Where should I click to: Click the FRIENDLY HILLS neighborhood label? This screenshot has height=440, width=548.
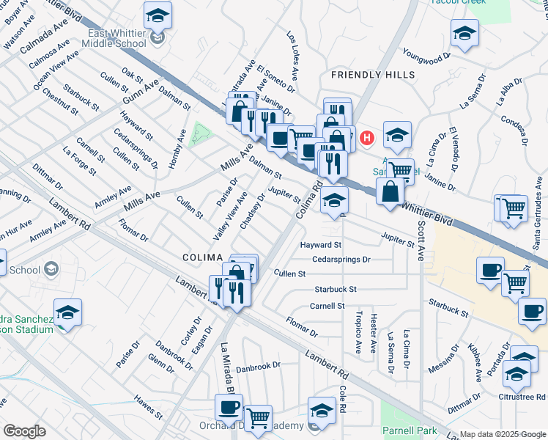(x=372, y=75)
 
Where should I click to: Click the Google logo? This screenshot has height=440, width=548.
(x=23, y=430)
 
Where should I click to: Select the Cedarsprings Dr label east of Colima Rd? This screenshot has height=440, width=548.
(x=341, y=259)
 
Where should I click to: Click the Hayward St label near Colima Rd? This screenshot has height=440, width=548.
(x=321, y=244)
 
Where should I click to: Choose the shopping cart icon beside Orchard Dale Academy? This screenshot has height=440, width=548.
(x=258, y=417)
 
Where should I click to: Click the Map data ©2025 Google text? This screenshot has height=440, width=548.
(x=501, y=434)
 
